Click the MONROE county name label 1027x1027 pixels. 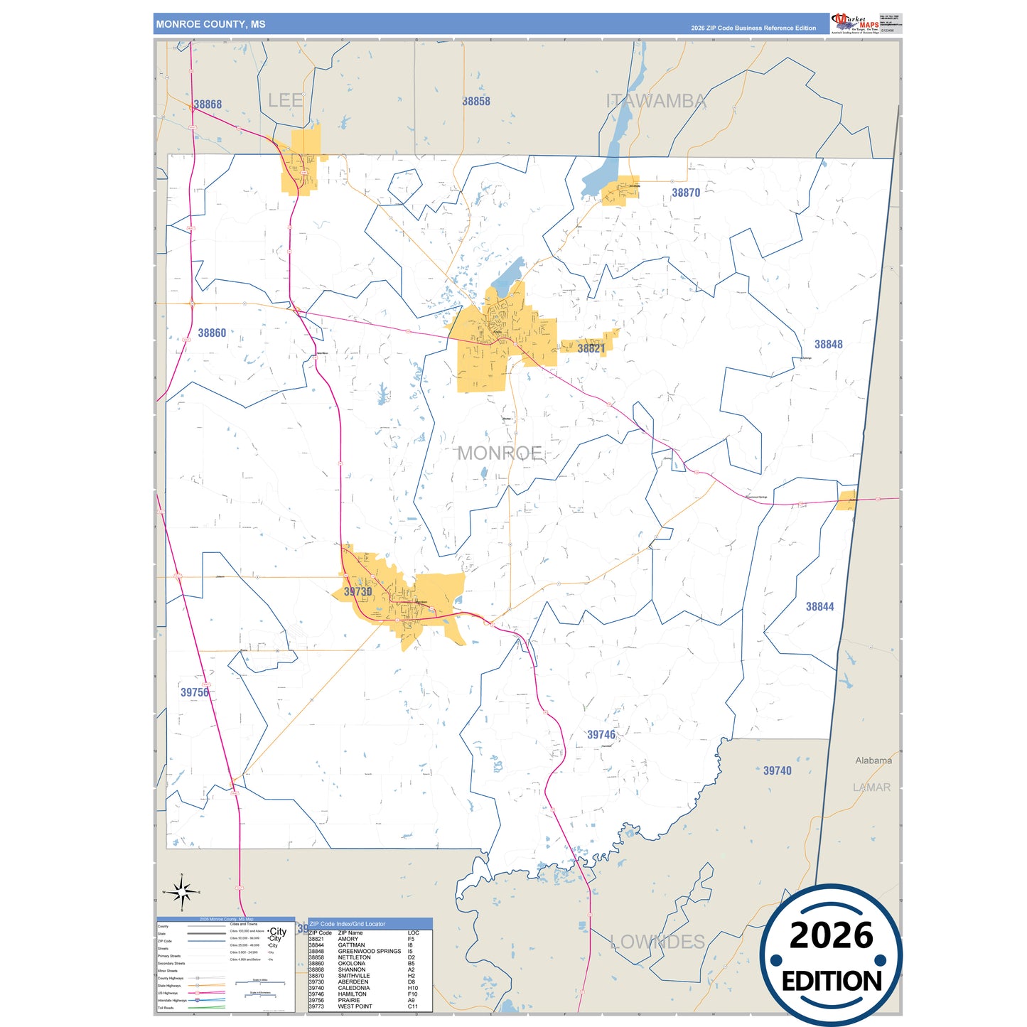point(500,453)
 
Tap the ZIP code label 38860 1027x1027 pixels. point(212,333)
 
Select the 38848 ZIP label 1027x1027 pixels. point(828,344)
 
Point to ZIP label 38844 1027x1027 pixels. point(819,606)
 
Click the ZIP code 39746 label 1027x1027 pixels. point(601,734)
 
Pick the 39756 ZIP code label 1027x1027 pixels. point(195,692)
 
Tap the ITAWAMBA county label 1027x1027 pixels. point(656,101)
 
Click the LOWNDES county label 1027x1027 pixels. point(657,942)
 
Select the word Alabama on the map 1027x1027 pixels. point(873,760)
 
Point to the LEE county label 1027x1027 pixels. point(286,100)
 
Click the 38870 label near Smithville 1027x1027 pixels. point(686,193)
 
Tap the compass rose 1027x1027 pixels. point(182,891)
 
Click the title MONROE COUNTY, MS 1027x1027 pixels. point(211,24)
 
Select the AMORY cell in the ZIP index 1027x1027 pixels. point(348,939)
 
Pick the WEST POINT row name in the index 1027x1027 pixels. point(355,1006)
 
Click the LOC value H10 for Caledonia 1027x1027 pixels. point(413,988)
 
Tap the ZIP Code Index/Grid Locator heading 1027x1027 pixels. point(348,924)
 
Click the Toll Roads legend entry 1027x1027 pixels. point(166,1008)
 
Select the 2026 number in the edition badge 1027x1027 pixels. point(831,935)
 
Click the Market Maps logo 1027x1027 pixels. point(855,23)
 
